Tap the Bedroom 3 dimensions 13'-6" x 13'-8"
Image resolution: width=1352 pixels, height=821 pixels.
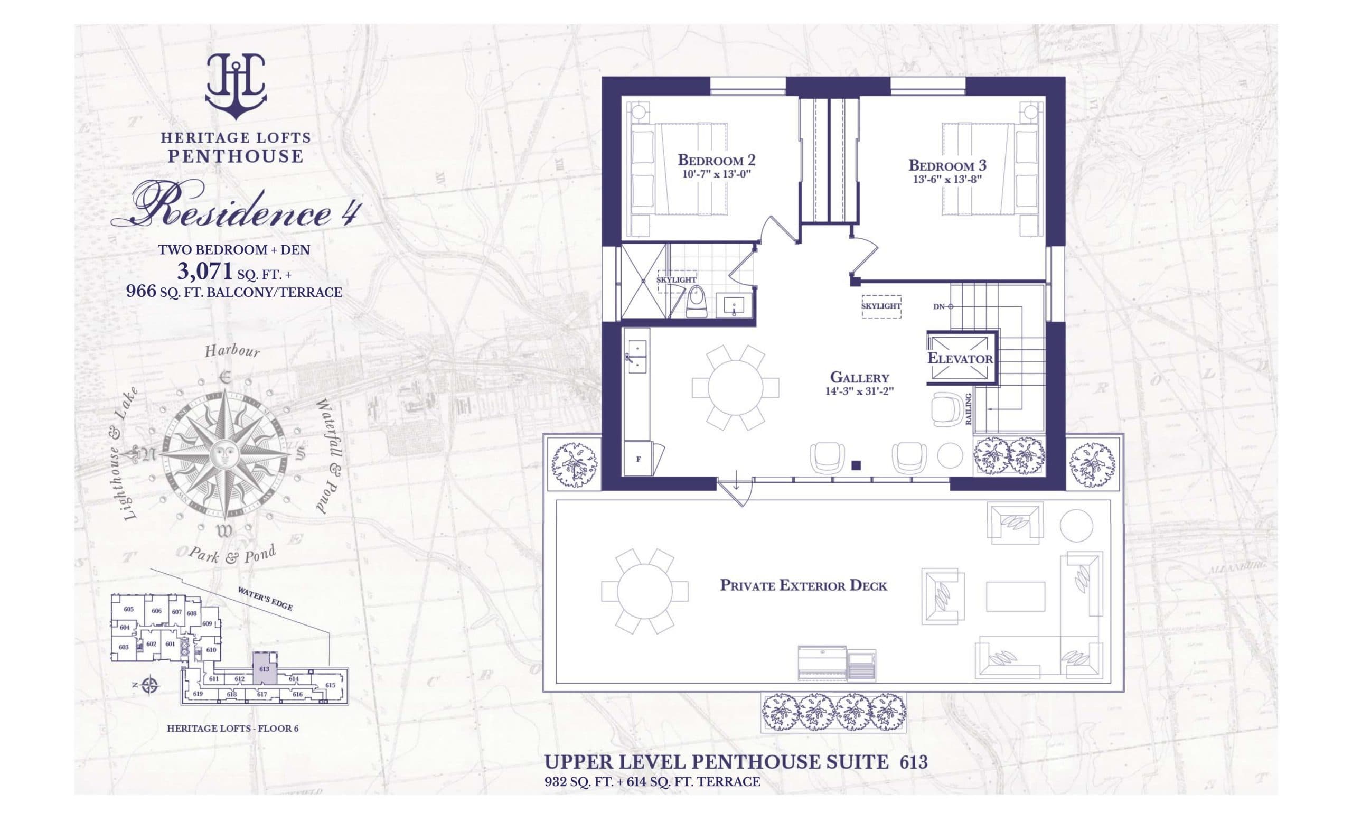point(947,179)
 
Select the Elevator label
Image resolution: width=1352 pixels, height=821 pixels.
point(960,359)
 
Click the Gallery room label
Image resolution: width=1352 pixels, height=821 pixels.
point(859,377)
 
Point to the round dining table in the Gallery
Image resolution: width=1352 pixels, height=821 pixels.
point(735,387)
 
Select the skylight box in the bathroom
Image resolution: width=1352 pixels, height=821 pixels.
point(676,281)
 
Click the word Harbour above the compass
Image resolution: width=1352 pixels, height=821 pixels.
point(232,350)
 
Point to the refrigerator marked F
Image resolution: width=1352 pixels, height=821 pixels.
point(638,459)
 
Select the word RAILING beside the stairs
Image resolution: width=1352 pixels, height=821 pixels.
point(969,409)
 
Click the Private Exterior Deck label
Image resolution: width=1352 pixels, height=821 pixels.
point(803,585)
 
